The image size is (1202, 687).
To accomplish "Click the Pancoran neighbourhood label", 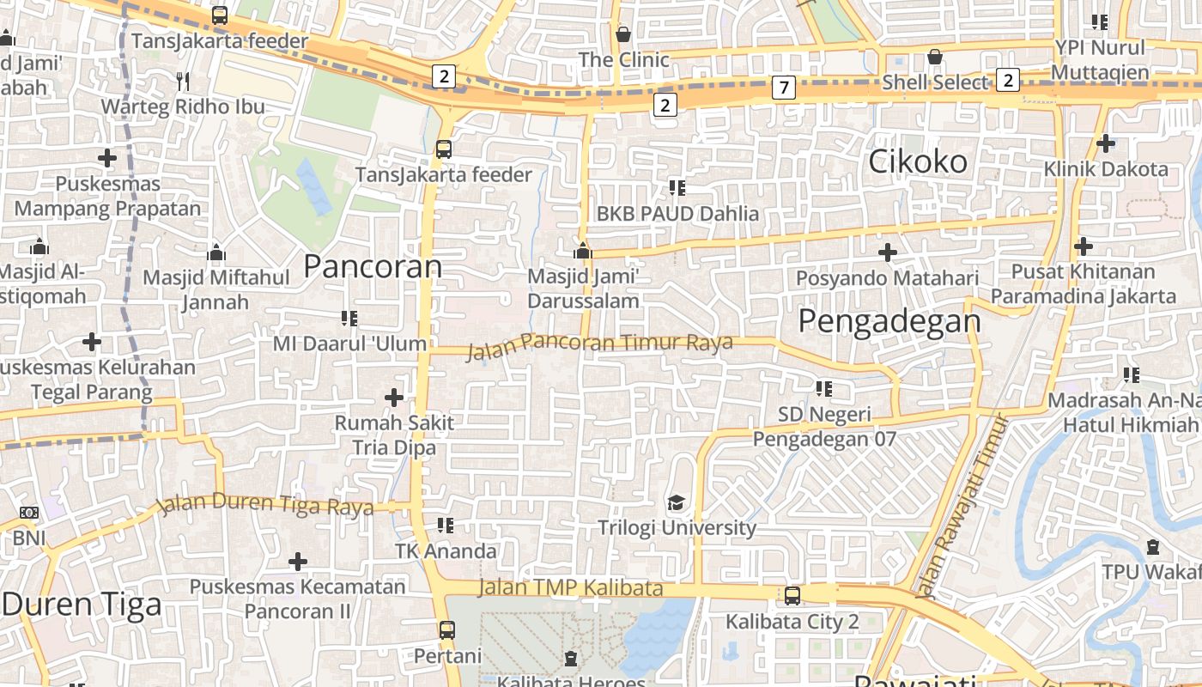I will (x=373, y=266).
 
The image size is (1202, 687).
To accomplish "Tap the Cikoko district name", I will (x=918, y=161).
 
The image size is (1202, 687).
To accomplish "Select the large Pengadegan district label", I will (x=889, y=320).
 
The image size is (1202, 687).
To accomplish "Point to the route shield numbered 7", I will (x=783, y=87).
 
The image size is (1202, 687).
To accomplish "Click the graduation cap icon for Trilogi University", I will (x=677, y=502).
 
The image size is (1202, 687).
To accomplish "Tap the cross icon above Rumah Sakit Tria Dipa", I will (x=394, y=398).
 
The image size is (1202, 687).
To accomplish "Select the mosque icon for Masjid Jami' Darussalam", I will (x=583, y=251).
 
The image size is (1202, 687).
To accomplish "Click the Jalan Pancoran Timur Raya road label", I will (x=599, y=345).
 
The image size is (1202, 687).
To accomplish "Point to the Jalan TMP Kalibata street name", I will (x=570, y=588).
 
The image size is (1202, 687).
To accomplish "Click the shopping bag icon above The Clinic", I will (x=623, y=34).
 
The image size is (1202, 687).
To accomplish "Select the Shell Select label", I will (x=936, y=82).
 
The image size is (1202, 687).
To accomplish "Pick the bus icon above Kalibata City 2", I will (x=792, y=595).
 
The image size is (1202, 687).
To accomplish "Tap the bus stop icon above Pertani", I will (x=446, y=629).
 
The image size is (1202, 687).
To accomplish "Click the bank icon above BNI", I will (x=29, y=513).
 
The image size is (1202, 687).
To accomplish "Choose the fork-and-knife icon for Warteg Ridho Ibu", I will (x=182, y=82).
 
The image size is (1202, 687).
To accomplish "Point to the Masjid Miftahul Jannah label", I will (x=216, y=289).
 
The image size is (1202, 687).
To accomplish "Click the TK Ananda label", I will (x=446, y=550).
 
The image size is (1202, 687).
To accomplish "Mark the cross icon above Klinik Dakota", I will (x=1106, y=143).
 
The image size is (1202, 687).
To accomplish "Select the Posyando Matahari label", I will (x=887, y=278).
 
